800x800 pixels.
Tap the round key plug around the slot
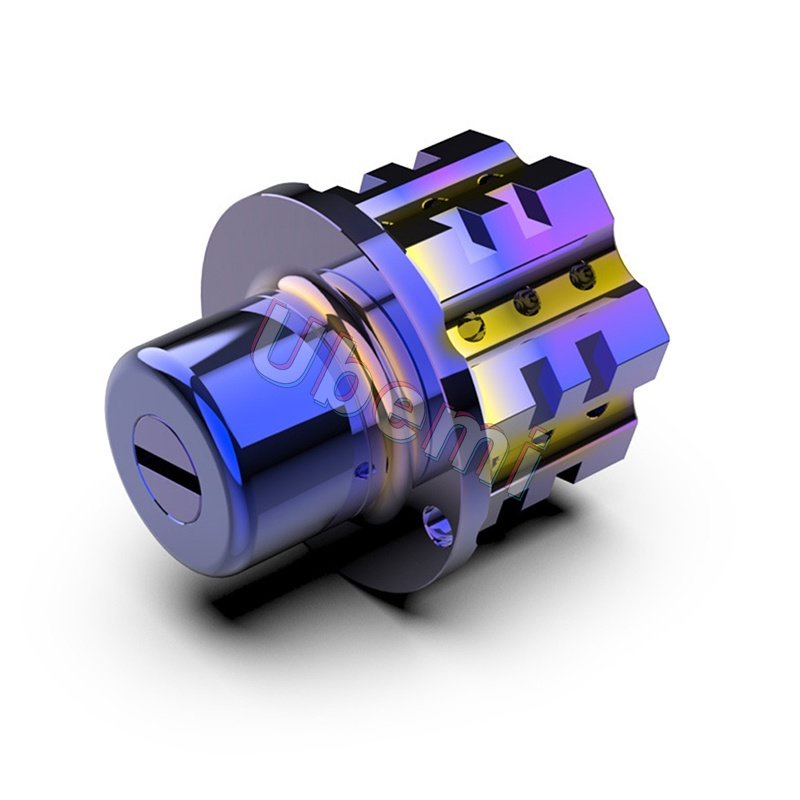(167, 468)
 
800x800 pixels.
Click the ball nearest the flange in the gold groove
(469, 328)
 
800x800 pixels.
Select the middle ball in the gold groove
(526, 302)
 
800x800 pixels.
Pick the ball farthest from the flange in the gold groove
(582, 276)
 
